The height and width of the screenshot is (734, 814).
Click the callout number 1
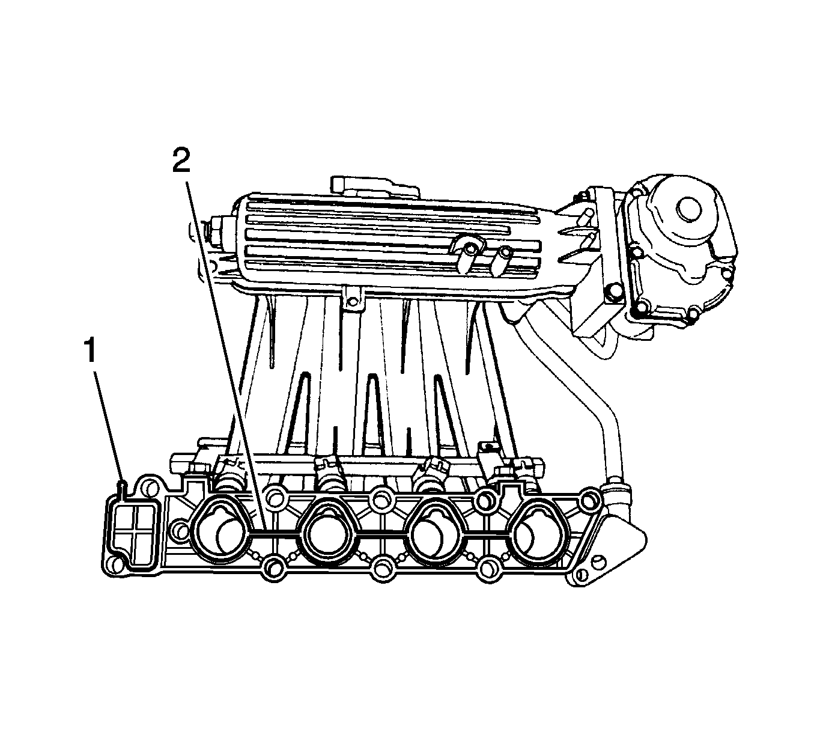[90, 351]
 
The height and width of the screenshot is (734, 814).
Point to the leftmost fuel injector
[228, 475]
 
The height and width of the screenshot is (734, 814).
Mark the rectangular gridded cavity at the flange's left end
[133, 528]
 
